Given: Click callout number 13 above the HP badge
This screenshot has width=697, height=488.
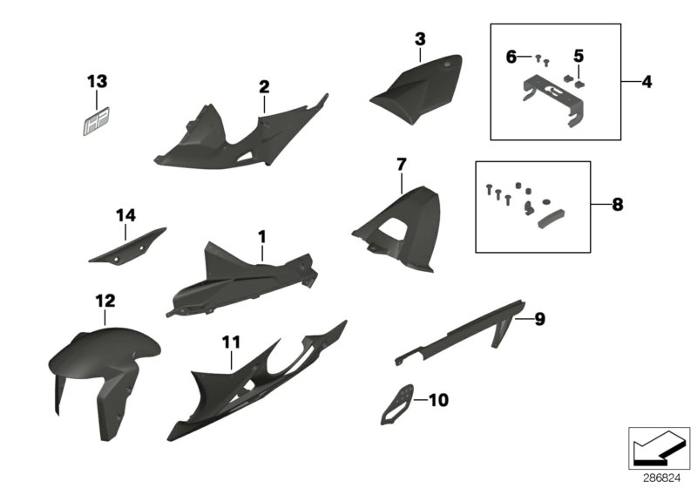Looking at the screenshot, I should pyautogui.click(x=97, y=82).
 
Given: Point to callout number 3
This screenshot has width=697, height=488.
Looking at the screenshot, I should pyautogui.click(x=420, y=39).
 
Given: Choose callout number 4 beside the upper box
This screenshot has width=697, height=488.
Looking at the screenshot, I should pyautogui.click(x=646, y=82).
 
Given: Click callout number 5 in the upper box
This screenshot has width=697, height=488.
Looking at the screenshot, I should pyautogui.click(x=579, y=57).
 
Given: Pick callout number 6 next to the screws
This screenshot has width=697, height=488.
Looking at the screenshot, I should pyautogui.click(x=511, y=57).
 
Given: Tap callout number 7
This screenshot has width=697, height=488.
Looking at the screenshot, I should pyautogui.click(x=401, y=164).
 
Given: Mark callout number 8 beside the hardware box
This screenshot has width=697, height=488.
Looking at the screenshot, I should pyautogui.click(x=618, y=206).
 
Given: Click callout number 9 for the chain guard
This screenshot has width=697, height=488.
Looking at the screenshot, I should pyautogui.click(x=539, y=320).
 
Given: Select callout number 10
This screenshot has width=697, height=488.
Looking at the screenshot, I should pyautogui.click(x=439, y=402).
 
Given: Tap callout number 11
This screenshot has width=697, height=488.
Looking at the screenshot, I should pyautogui.click(x=230, y=344).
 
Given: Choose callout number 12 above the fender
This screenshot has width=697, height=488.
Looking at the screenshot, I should pyautogui.click(x=105, y=301).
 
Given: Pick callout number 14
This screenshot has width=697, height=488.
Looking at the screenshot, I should pyautogui.click(x=126, y=214).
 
